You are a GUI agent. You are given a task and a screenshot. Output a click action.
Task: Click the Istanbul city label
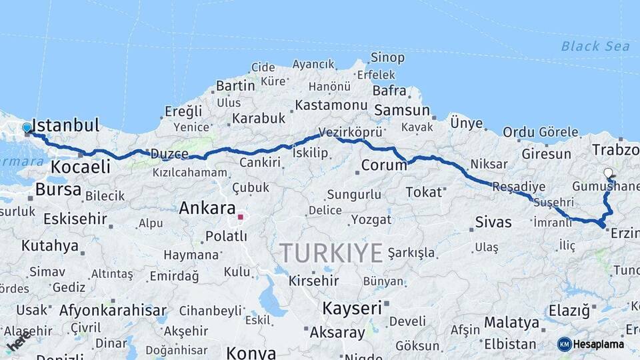(65, 125)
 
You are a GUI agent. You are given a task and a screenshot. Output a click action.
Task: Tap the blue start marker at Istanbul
(27, 127)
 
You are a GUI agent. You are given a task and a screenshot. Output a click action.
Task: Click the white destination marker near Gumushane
(608, 173)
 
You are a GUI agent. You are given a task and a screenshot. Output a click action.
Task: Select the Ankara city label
(207, 208)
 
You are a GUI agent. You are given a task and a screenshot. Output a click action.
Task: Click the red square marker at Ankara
(240, 217)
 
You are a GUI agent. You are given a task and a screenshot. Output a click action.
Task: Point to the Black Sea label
(595, 46)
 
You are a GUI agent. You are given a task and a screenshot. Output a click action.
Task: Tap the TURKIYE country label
(331, 253)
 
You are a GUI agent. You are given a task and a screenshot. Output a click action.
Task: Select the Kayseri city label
(352, 308)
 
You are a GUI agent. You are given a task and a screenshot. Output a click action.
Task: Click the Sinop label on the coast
(387, 58)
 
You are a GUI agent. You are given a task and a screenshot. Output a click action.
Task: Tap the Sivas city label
(493, 222)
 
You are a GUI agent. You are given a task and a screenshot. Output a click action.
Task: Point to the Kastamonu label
(331, 105)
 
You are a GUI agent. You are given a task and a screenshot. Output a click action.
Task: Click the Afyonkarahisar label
(113, 310)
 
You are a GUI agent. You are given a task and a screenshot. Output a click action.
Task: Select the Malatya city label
(511, 323)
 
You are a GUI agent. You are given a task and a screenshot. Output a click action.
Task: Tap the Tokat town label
(424, 192)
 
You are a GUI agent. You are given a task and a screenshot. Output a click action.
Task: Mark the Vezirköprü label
(351, 132)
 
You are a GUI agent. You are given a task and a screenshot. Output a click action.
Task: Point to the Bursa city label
(58, 189)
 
